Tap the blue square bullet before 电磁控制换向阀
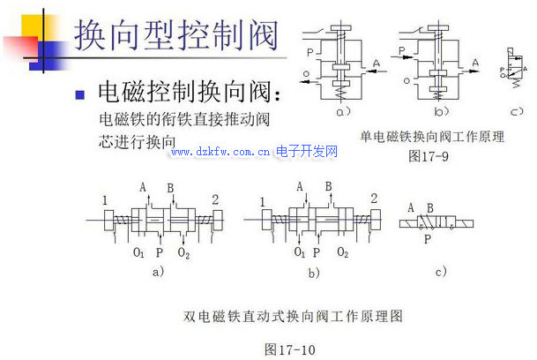coord(79,93)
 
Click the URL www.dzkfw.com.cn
coord(220,152)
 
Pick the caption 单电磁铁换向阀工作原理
coord(432,137)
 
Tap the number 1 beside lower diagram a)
coord(105,200)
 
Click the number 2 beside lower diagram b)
coord(375,197)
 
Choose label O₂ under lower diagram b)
coord(341,253)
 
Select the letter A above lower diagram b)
coord(301,186)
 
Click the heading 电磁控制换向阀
coord(190,92)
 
